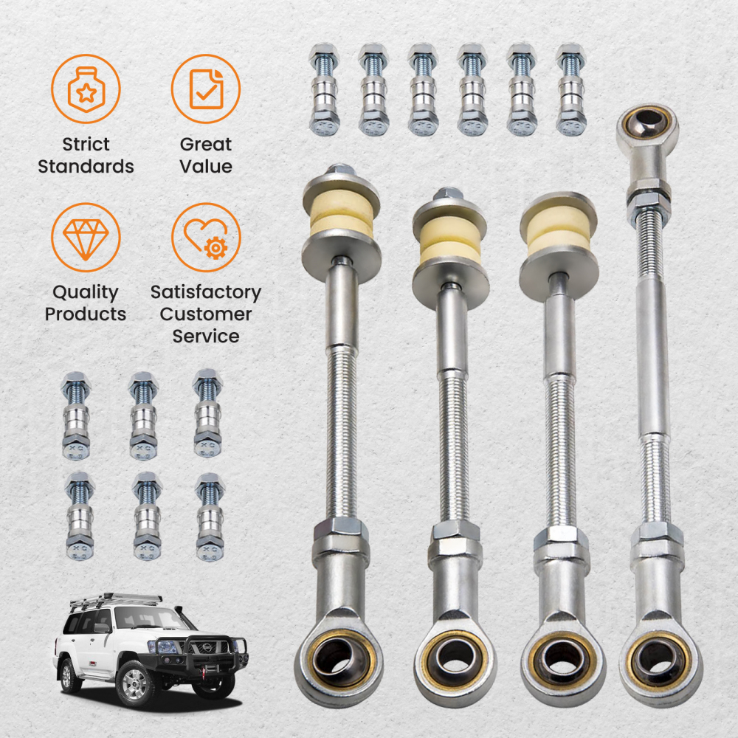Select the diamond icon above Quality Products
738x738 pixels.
pyautogui.click(x=86, y=237)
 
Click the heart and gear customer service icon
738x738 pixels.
pyautogui.click(x=206, y=237)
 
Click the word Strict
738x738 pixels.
pyautogui.click(x=86, y=145)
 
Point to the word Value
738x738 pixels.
pyautogui.click(x=206, y=167)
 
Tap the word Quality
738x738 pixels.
pyautogui.click(x=86, y=292)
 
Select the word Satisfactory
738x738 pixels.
pyautogui.click(x=206, y=292)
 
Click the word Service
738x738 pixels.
pyautogui.click(x=206, y=337)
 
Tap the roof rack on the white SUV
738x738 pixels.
pyautogui.click(x=118, y=600)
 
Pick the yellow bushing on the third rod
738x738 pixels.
pyautogui.click(x=558, y=232)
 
